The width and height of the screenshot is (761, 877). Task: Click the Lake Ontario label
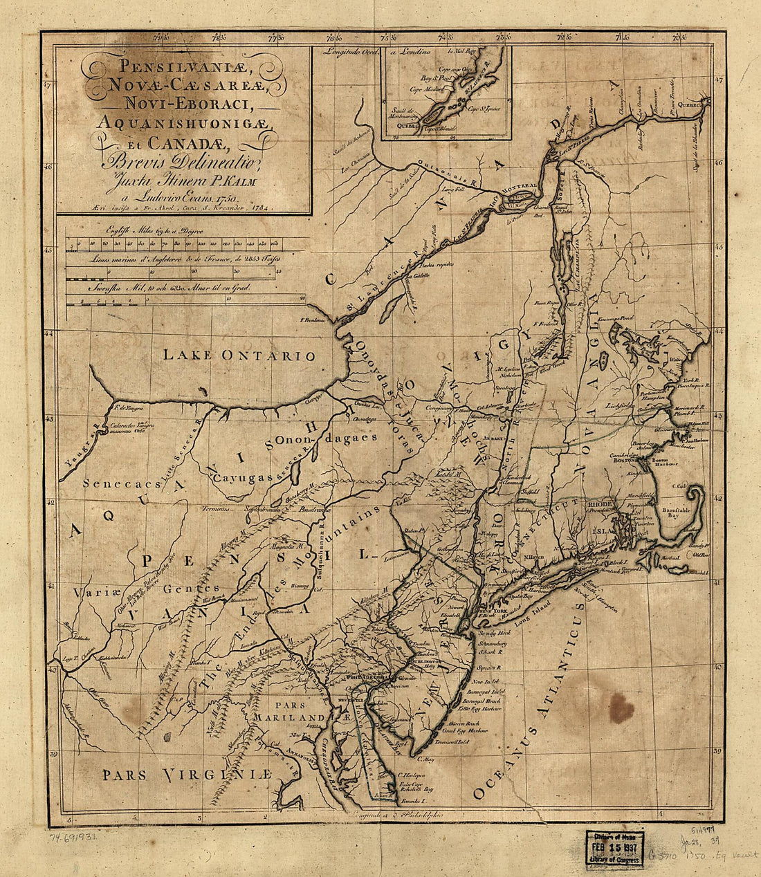(x=239, y=356)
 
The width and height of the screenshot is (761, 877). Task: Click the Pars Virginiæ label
(x=185, y=774)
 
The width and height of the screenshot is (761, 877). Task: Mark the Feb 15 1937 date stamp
(x=614, y=849)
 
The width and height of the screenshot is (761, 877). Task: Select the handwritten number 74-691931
(x=73, y=836)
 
